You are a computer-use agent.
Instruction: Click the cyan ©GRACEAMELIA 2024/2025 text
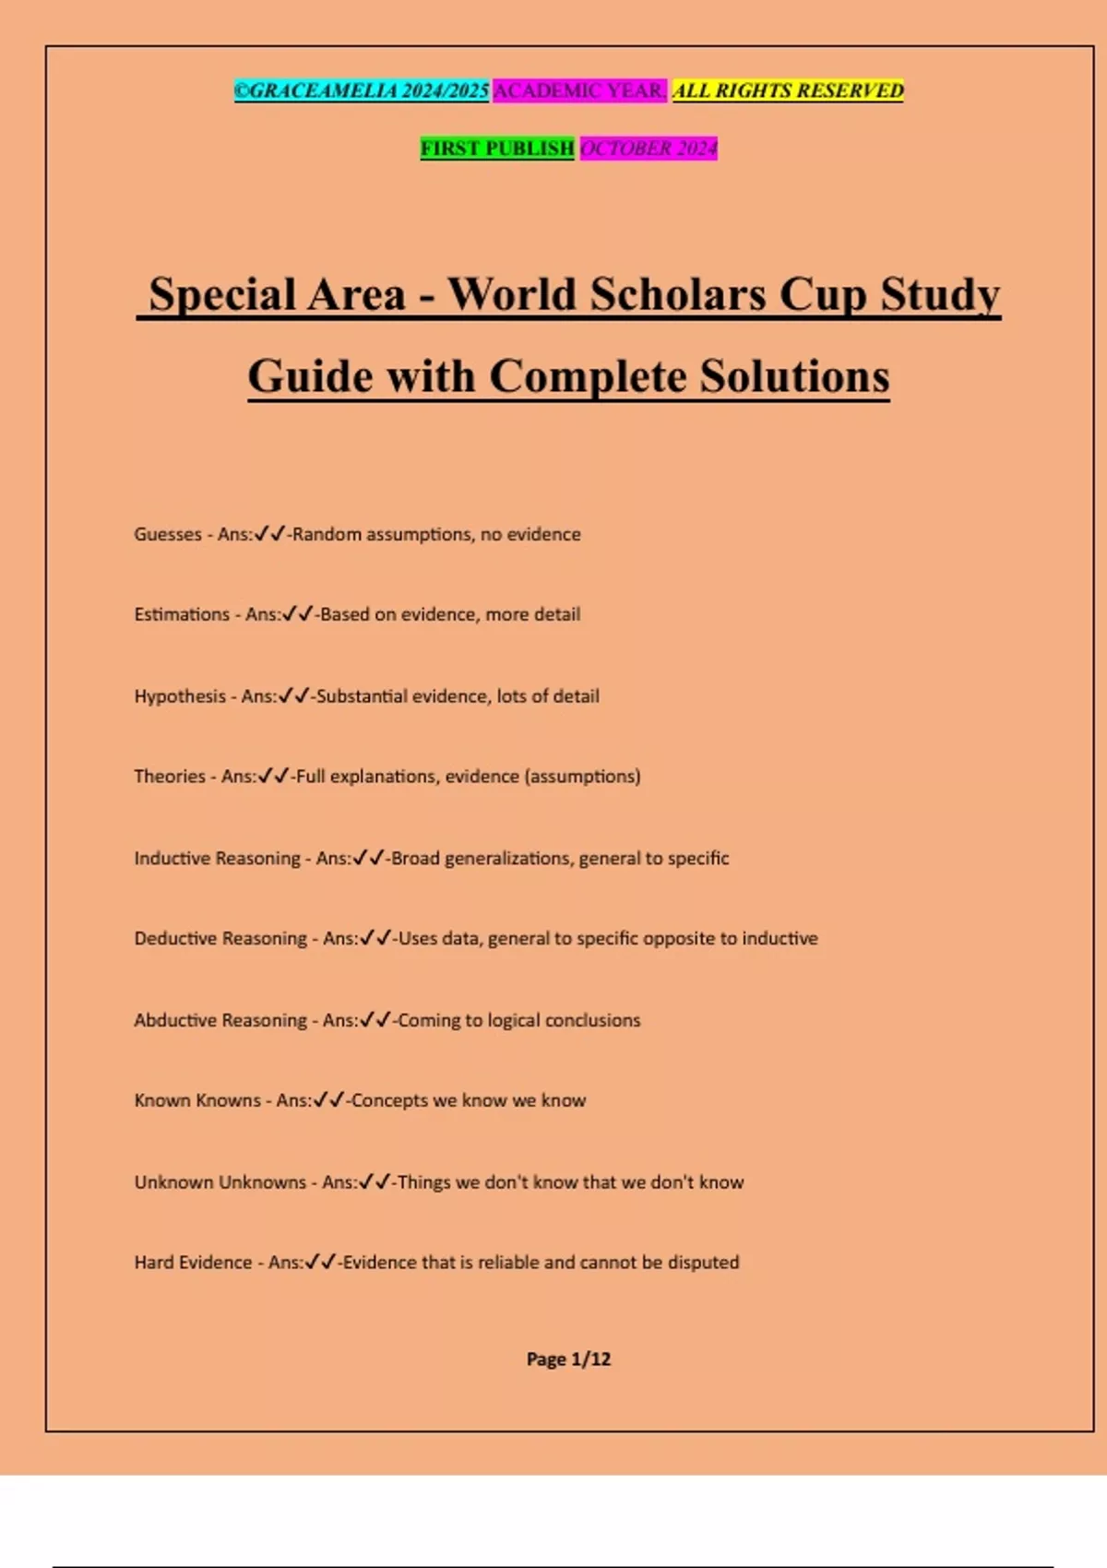[x=362, y=90]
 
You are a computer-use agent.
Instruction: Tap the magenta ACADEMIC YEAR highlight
[x=579, y=90]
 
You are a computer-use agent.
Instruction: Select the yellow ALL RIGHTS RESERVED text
[x=788, y=90]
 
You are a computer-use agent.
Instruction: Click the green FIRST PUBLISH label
[x=497, y=148]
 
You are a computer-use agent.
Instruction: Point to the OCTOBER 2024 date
[x=649, y=148]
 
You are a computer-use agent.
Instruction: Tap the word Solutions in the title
[x=794, y=376]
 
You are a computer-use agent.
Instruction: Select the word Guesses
[x=168, y=534]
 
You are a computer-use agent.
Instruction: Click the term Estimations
[x=182, y=614]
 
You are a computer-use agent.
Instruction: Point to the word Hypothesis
[x=180, y=696]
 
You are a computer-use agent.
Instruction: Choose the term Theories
[x=170, y=777]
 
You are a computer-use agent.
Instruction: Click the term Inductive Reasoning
[x=217, y=859]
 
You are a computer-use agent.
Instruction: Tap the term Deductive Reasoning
[x=220, y=939]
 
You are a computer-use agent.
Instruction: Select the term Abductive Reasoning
[x=220, y=1020]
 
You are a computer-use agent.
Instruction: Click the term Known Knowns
[x=197, y=1100]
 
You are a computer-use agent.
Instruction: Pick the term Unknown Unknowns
[x=220, y=1182]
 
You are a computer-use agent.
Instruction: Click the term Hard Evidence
[x=193, y=1263]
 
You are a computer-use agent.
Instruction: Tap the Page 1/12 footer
[x=568, y=1359]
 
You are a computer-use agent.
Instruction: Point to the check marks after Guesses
[x=269, y=534]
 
